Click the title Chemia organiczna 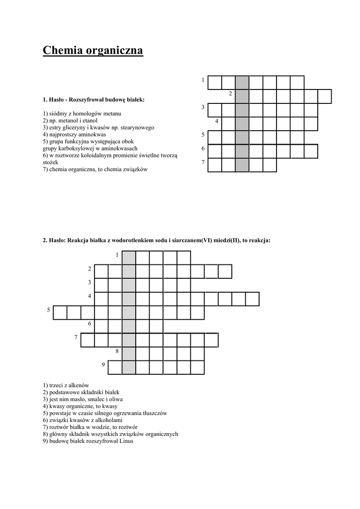[93, 50]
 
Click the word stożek [50, 162]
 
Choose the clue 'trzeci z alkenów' [66, 385]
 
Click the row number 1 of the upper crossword [203, 81]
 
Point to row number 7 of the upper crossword [203, 163]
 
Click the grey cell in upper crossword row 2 [242, 96]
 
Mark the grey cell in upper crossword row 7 [242, 165]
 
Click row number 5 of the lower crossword [49, 310]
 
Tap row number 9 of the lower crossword [103, 365]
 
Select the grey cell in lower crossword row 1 [129, 257]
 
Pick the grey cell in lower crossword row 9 [129, 367]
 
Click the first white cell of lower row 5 [60, 313]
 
